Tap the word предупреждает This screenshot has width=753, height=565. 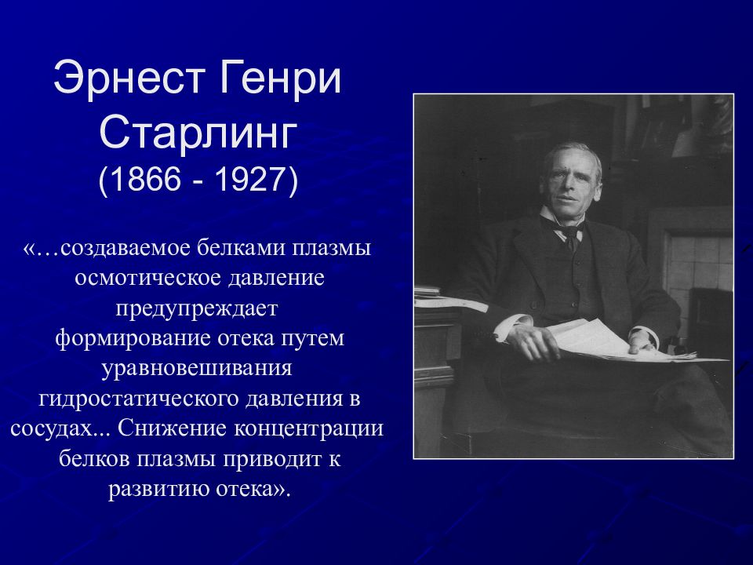point(198,308)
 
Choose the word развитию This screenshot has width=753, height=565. point(157,488)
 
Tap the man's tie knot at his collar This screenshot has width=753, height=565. point(570,234)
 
